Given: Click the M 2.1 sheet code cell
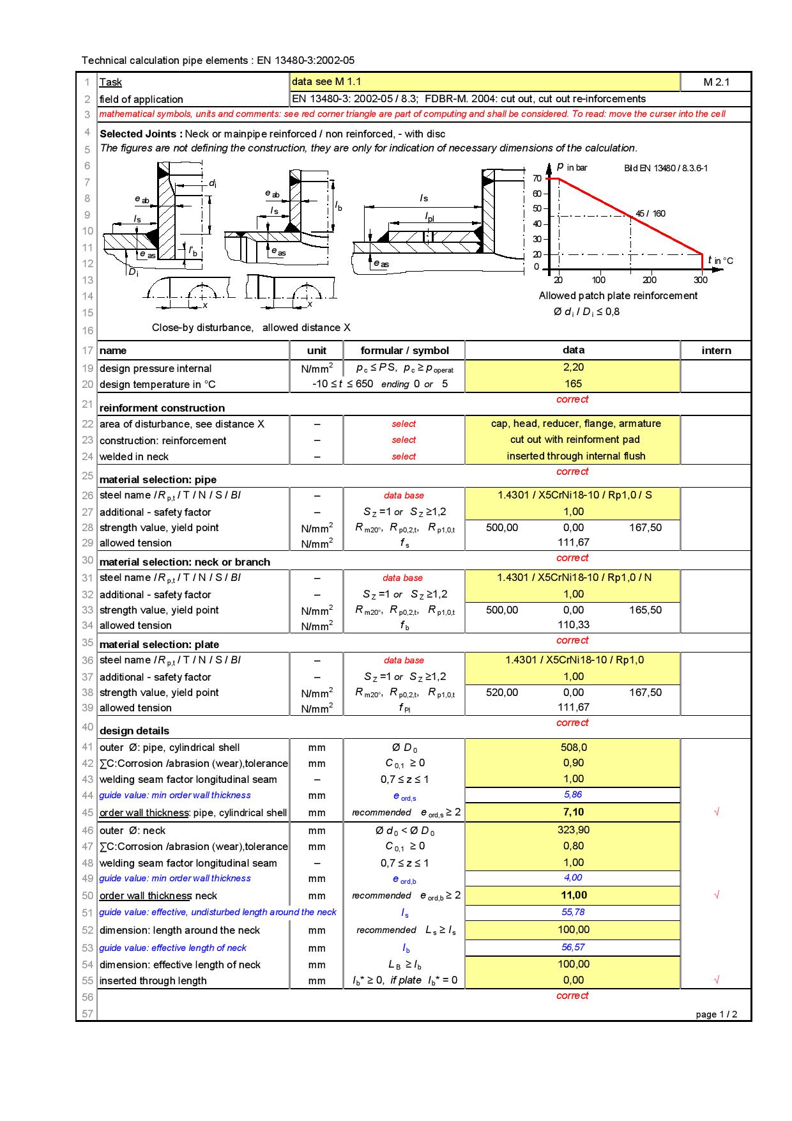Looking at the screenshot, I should click(x=716, y=82).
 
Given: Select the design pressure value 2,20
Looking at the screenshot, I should click(x=573, y=367).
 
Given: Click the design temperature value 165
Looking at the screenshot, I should click(x=573, y=383).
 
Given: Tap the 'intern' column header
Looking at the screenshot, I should click(x=716, y=350).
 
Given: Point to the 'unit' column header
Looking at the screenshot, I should click(x=316, y=350).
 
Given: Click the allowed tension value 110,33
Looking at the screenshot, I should click(x=573, y=625).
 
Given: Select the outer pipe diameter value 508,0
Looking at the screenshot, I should click(x=573, y=747).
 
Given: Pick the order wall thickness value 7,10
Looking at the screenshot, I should click(x=573, y=812).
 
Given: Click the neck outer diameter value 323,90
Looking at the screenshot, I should click(x=573, y=830).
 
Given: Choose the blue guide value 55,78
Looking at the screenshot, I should click(x=573, y=912).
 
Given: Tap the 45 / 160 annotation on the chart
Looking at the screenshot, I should click(x=650, y=213).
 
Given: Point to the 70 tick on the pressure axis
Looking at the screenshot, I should click(x=537, y=178).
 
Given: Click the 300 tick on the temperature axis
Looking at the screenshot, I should click(x=701, y=280).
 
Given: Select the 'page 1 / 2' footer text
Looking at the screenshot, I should click(x=716, y=1014).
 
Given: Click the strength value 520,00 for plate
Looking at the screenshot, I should click(x=502, y=692).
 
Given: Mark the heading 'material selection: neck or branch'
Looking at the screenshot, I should click(x=185, y=562).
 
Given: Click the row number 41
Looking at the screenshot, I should click(x=87, y=747).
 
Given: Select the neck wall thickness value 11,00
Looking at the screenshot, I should click(x=573, y=895).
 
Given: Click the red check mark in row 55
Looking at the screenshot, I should click(x=716, y=980).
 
